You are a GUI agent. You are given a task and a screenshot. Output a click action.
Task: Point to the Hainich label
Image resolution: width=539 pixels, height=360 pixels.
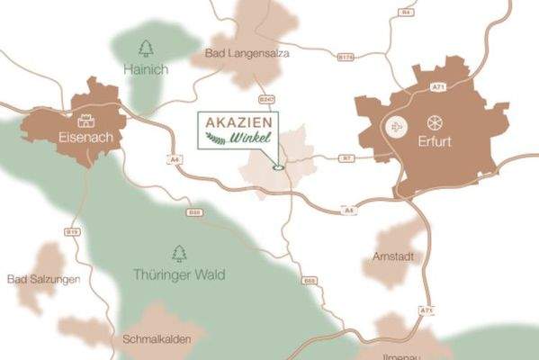[x=145, y=68]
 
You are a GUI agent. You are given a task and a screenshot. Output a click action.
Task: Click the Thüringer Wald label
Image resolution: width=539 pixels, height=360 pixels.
[x=179, y=274]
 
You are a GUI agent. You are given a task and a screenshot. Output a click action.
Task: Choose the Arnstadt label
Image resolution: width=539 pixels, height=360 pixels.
[x=392, y=256]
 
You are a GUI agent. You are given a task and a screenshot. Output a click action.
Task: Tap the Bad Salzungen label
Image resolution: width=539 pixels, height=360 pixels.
[x=42, y=279]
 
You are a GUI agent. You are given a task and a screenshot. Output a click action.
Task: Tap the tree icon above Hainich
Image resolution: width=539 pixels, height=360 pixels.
[x=146, y=47]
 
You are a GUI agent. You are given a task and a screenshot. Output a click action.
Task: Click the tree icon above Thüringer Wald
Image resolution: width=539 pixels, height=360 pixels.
[x=178, y=253]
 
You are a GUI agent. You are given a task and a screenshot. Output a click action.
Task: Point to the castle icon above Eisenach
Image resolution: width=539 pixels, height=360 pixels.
[x=86, y=120]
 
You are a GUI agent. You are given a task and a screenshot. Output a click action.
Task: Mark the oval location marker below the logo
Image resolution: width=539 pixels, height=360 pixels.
[x=278, y=166]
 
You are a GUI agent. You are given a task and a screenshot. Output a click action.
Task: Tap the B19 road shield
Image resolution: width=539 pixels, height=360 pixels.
[x=73, y=231]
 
